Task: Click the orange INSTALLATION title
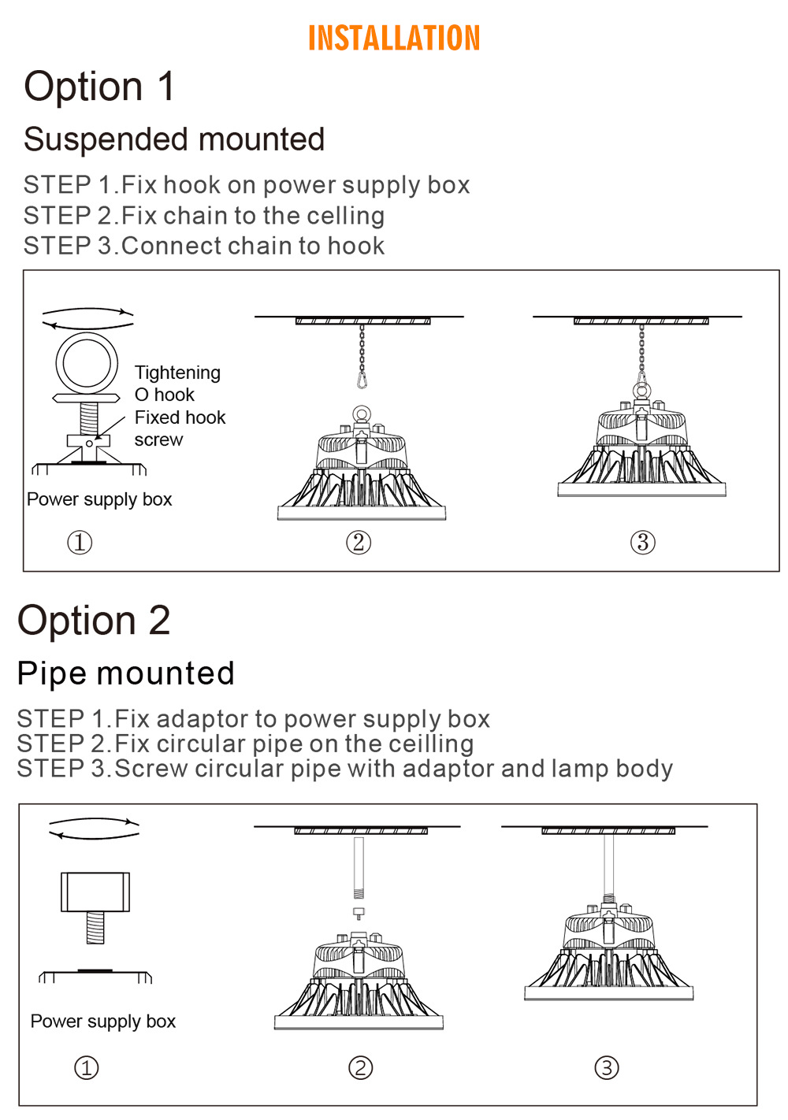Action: click(x=394, y=38)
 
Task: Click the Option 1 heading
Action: click(x=99, y=86)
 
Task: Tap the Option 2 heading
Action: click(x=94, y=620)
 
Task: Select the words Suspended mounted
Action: click(x=174, y=139)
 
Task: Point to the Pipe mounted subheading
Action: click(x=125, y=673)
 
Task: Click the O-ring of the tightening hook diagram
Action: click(x=87, y=363)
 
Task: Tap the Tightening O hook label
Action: click(x=177, y=384)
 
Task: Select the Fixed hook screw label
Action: click(x=180, y=428)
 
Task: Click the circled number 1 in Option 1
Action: click(x=80, y=543)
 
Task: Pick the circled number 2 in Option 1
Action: click(x=359, y=543)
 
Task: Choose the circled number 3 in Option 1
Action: click(x=643, y=543)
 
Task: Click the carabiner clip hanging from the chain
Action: click(x=362, y=380)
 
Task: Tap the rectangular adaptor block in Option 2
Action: click(x=95, y=892)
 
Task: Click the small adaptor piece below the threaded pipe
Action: click(x=359, y=914)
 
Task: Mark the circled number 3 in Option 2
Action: click(x=607, y=1068)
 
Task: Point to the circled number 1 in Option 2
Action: click(x=86, y=1068)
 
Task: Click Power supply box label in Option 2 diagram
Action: click(x=103, y=1022)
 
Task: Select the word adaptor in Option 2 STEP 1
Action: click(x=203, y=719)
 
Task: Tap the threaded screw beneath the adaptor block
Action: click(x=95, y=928)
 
